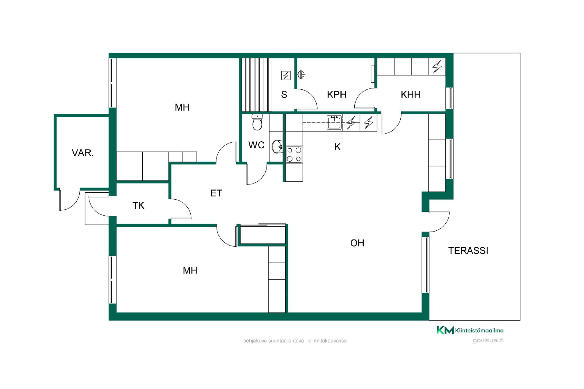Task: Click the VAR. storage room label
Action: point(82,153)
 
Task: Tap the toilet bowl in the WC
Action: point(257,122)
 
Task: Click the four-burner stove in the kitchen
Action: point(294,154)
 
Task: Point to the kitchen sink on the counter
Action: point(335,122)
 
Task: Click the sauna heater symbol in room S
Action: point(286,75)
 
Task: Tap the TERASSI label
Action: point(468,250)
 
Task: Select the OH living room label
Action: point(357,243)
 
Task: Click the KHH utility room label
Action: point(411,95)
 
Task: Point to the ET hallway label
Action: point(216,193)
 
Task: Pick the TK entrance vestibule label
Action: point(138,205)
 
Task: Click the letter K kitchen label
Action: point(337,147)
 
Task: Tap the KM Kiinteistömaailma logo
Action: point(470,330)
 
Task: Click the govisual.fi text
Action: point(488,340)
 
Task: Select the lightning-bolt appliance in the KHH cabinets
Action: point(437,67)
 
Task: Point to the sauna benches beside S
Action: point(257,84)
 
